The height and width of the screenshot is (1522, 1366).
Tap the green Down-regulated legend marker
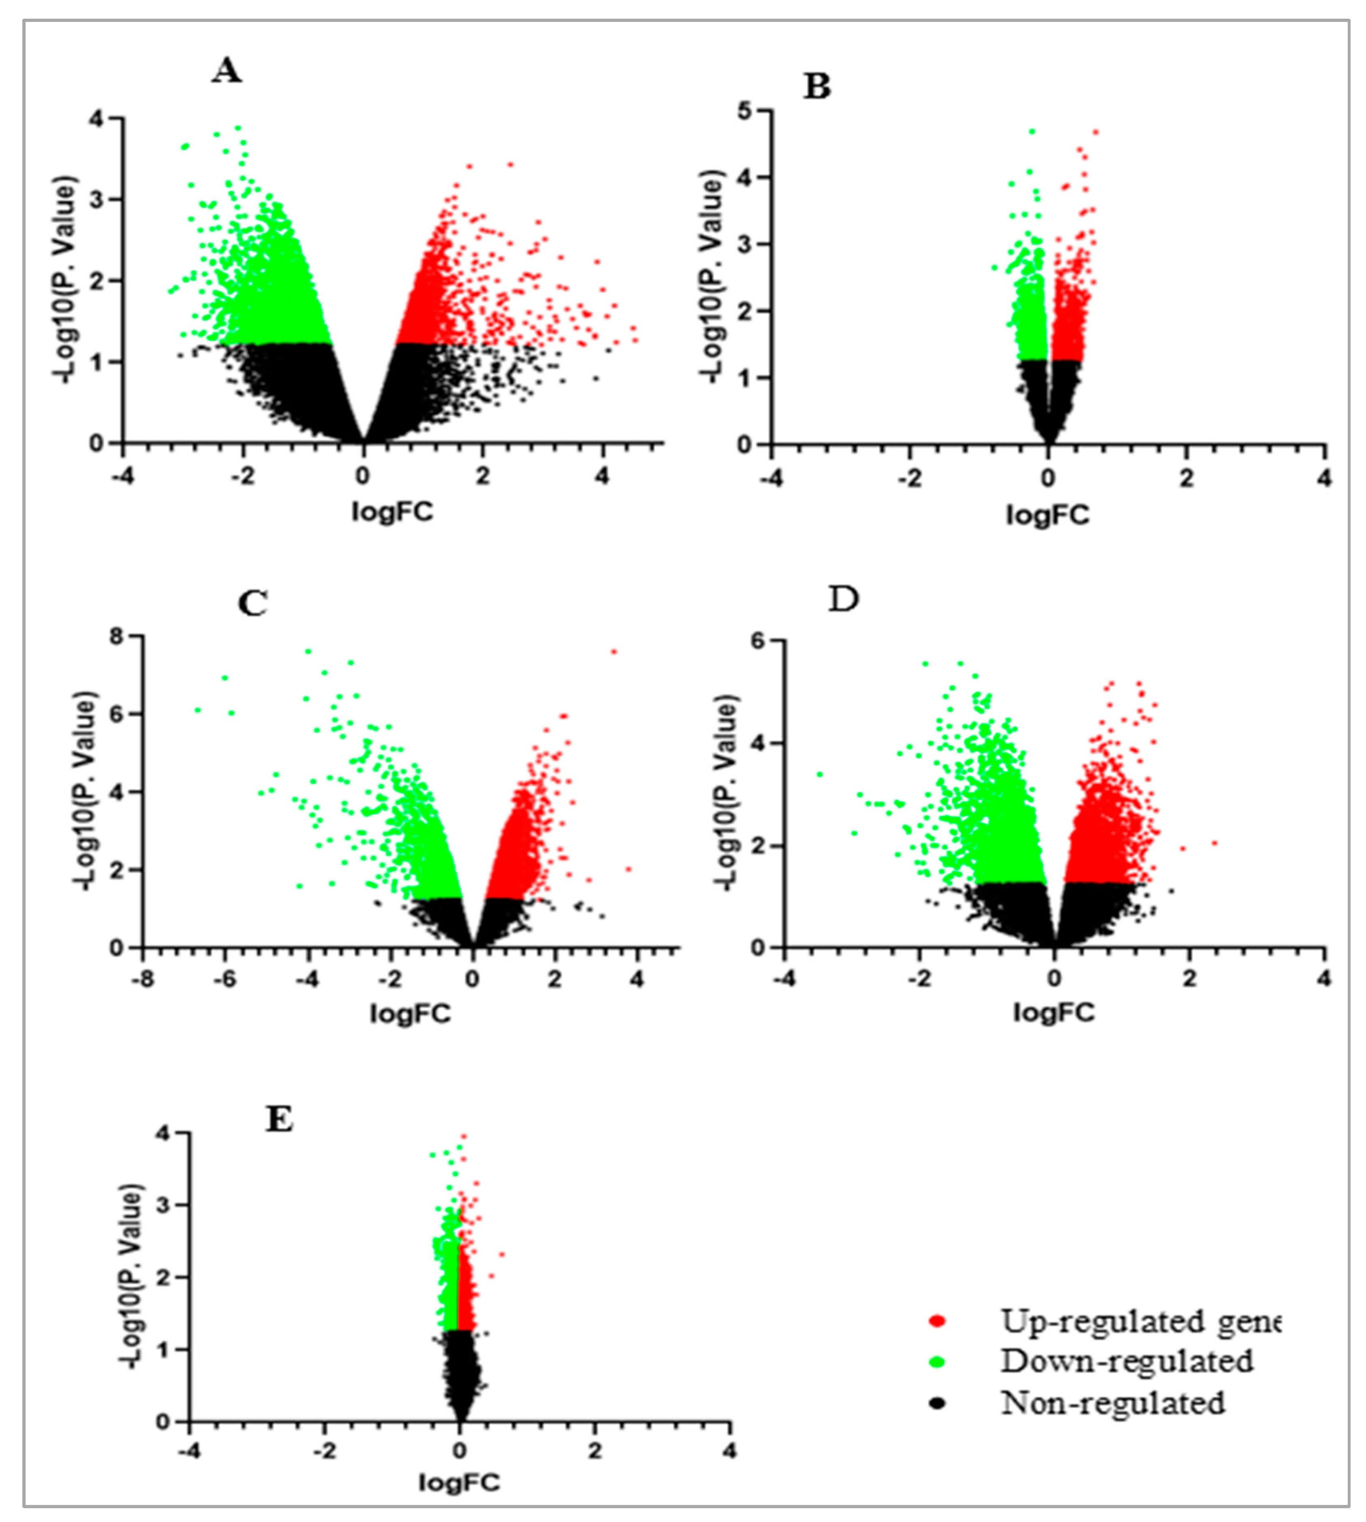pos(937,1361)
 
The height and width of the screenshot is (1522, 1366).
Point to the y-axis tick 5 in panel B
pos(745,111)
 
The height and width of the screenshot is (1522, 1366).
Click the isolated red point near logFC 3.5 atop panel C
pos(614,652)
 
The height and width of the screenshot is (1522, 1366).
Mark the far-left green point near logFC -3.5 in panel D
pos(819,774)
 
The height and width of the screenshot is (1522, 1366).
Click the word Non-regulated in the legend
pos(1113,1403)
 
